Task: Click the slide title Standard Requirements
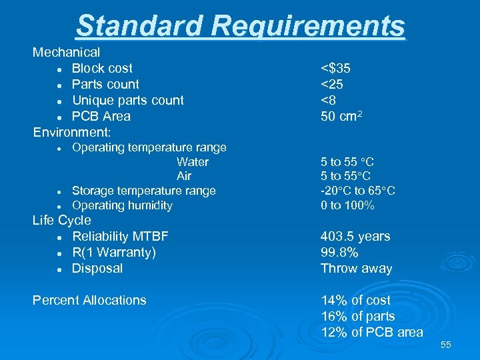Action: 240,26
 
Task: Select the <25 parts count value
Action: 333,84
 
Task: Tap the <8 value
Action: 330,100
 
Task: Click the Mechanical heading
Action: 67,52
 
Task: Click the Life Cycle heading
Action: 62,220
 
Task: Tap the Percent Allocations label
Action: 89,300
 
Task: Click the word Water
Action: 193,162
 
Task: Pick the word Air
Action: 184,176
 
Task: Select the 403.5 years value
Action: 355,236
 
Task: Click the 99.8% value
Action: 339,252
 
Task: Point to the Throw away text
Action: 356,268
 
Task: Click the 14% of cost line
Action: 355,300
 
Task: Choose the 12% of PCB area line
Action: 371,332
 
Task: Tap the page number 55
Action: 446,345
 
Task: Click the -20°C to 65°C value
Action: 358,191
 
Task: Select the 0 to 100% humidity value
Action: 347,205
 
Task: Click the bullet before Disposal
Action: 59,269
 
